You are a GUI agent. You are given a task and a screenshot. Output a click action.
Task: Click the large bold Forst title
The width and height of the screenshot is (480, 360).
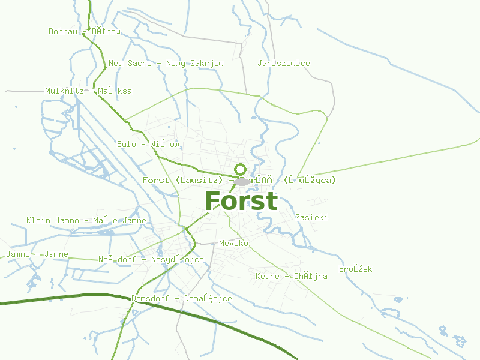241,201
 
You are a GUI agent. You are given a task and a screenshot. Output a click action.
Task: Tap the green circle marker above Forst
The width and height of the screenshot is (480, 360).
241,169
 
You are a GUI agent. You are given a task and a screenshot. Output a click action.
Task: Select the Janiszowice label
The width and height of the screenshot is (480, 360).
283,64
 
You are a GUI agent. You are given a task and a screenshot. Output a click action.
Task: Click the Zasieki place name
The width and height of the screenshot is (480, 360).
311,218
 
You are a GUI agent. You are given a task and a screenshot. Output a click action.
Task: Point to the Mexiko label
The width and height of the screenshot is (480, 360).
233,244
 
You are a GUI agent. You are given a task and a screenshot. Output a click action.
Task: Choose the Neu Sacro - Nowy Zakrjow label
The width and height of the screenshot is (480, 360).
166,64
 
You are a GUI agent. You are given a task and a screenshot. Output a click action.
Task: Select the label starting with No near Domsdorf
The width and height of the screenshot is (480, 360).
151,260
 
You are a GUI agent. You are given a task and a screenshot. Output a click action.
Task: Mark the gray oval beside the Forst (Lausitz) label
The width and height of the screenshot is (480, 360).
242,181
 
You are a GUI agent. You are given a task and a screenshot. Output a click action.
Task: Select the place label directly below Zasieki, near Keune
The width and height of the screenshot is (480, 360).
355,269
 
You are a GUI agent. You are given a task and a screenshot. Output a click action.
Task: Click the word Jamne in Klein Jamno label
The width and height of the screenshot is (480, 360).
134,221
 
